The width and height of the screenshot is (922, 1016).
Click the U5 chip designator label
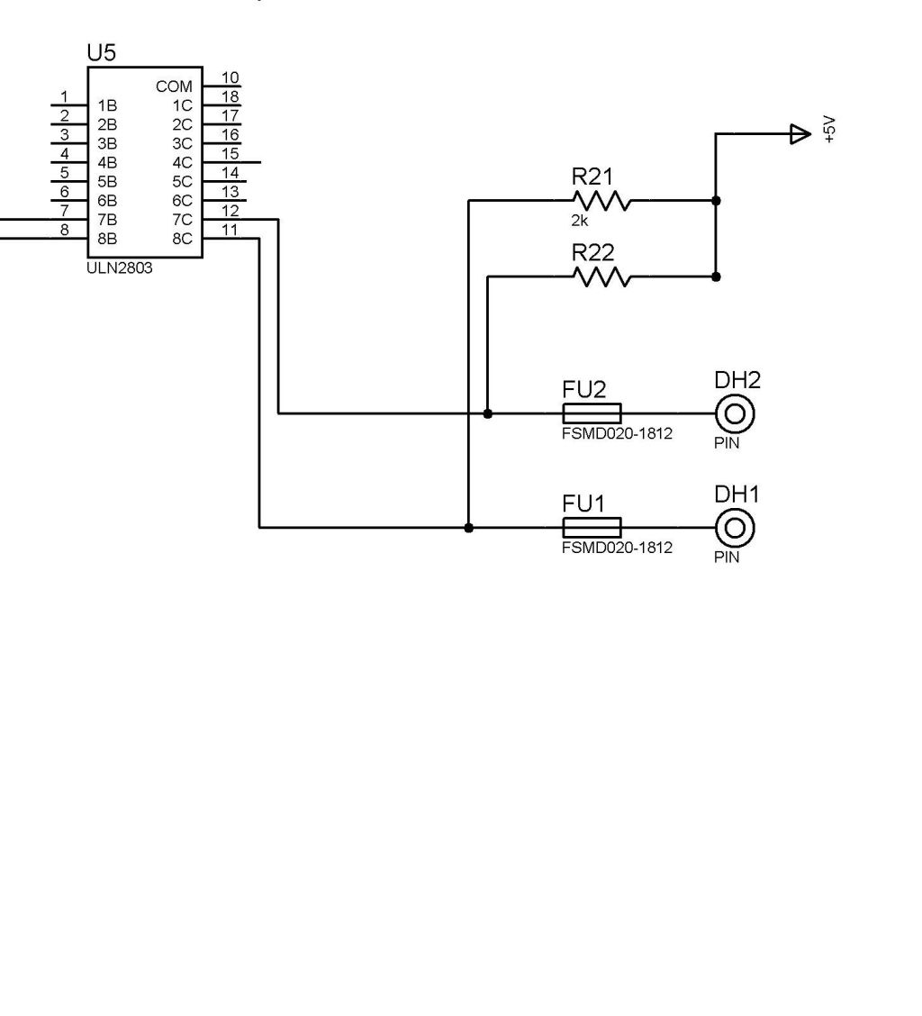[x=102, y=53]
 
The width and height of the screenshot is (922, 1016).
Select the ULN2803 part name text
[x=120, y=268]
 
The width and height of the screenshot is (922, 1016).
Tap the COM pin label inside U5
[x=175, y=86]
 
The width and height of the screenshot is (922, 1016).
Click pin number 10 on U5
[x=230, y=77]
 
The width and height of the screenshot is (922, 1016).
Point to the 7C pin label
[x=182, y=221]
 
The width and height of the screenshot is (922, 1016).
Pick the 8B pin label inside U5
[x=107, y=239]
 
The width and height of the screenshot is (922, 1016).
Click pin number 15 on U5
[x=230, y=153]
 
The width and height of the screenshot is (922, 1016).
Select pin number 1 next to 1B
[x=64, y=96]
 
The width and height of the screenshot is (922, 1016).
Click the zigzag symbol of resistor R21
[x=602, y=201]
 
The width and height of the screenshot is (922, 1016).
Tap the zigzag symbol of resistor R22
[x=602, y=277]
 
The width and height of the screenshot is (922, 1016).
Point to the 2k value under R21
[x=580, y=221]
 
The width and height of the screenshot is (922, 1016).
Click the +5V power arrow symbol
[x=800, y=134]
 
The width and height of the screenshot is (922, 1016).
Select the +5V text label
[x=831, y=130]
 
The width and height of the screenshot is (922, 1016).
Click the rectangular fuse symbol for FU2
[x=592, y=413]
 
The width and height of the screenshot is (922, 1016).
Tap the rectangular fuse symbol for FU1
[x=592, y=528]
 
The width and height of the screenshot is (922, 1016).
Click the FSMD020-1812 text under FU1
[x=617, y=548]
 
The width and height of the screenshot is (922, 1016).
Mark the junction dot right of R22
[x=716, y=277]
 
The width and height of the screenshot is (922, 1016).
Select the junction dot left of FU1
[x=468, y=528]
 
